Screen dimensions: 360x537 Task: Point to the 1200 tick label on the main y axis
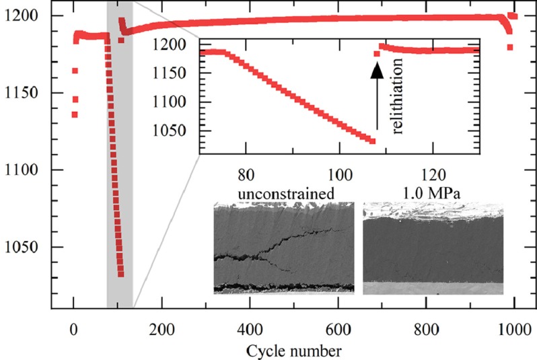(26, 15)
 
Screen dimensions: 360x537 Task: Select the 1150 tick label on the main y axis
(26, 93)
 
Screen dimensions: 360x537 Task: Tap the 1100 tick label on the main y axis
(26, 170)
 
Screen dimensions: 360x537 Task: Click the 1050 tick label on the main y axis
(26, 247)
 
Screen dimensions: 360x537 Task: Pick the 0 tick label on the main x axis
(73, 331)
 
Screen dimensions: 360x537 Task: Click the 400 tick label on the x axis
(250, 331)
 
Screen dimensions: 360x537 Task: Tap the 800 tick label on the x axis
(426, 331)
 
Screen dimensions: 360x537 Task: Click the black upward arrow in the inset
(378, 94)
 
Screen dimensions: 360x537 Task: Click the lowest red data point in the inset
(372, 140)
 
